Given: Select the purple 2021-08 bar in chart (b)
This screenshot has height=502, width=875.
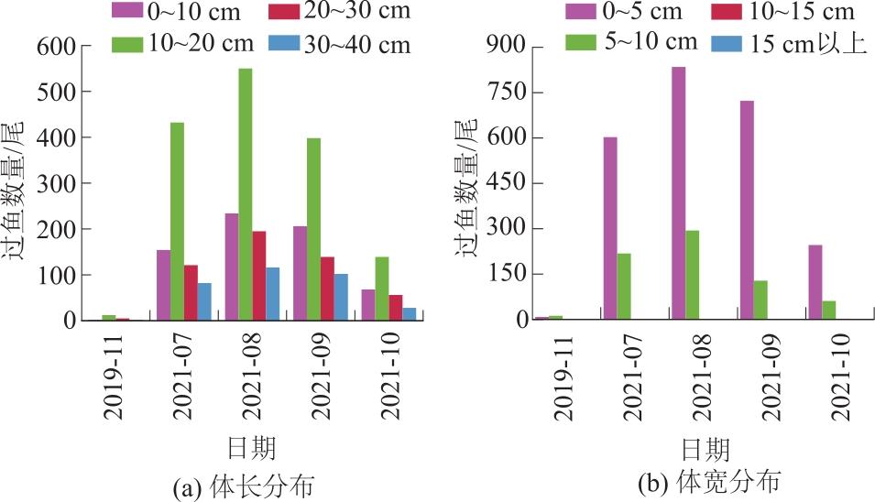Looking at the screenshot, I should click(x=678, y=193).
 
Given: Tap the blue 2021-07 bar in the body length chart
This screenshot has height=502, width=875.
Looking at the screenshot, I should click(x=204, y=301).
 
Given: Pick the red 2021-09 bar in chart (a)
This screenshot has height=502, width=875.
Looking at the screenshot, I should click(x=327, y=289).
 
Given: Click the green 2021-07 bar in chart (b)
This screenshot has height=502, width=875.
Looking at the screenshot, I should click(x=624, y=287).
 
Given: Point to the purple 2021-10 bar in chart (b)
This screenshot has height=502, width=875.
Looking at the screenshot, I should click(x=815, y=282).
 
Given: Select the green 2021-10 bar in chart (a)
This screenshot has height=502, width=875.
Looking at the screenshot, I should click(x=382, y=289).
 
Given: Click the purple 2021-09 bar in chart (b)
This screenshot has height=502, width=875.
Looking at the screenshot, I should click(x=747, y=210).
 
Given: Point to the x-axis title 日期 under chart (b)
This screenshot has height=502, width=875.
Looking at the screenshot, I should click(x=705, y=449).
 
